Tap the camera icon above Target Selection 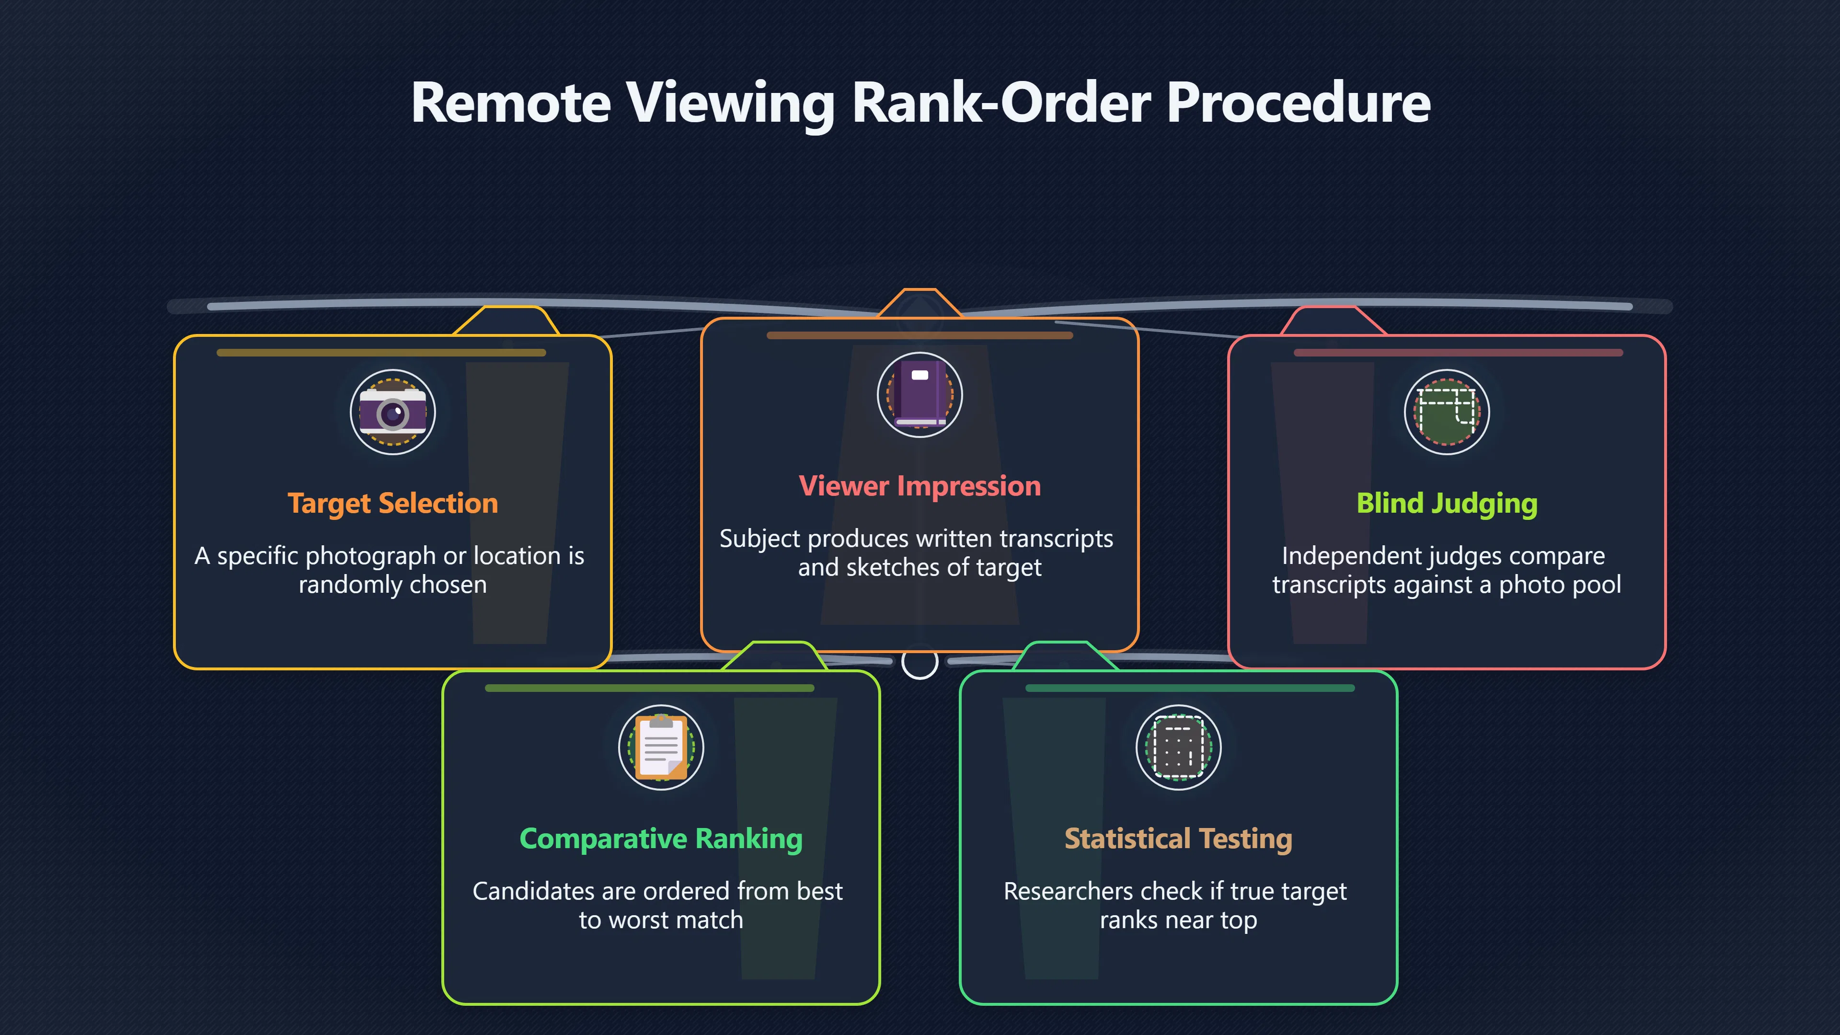coord(393,412)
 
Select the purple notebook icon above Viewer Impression coord(920,395)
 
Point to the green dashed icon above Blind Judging coord(1447,412)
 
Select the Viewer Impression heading coord(920,486)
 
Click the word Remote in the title coord(511,103)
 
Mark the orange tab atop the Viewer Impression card coord(920,303)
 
